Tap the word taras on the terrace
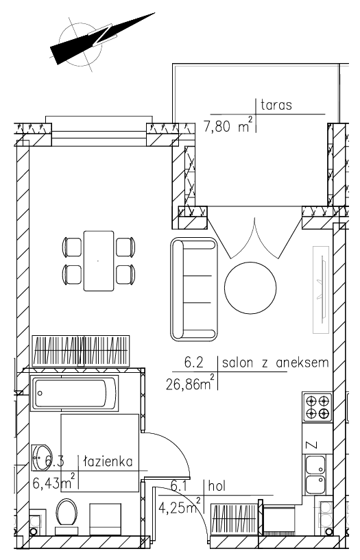[276, 105]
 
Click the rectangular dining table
[99, 260]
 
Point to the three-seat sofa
[194, 289]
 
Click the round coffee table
[250, 288]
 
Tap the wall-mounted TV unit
[321, 289]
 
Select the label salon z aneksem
[275, 363]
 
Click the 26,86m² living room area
[191, 383]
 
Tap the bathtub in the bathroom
[74, 393]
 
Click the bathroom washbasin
[41, 457]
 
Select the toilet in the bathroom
[67, 512]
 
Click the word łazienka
[108, 461]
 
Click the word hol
[217, 486]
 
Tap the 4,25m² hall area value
[179, 507]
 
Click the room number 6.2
[193, 363]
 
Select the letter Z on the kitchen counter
[312, 445]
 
